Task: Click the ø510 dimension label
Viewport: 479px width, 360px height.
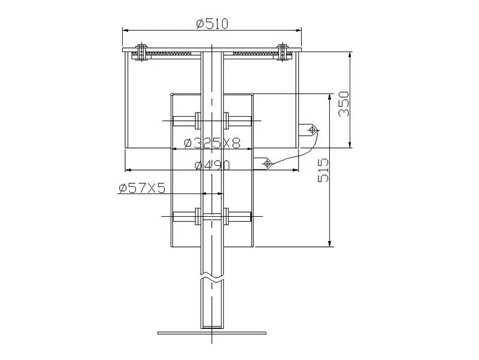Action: tap(213, 23)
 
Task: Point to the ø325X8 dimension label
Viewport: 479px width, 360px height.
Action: tap(213, 143)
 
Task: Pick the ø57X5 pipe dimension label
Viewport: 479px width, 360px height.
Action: tap(142, 188)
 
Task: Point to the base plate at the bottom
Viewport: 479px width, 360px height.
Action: tap(211, 332)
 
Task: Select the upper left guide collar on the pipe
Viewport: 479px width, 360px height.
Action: tap(198, 120)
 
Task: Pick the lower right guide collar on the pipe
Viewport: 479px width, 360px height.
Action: tap(226, 217)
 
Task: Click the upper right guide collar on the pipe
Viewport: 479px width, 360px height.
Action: tap(226, 120)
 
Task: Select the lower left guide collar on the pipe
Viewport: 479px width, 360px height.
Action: tap(198, 217)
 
